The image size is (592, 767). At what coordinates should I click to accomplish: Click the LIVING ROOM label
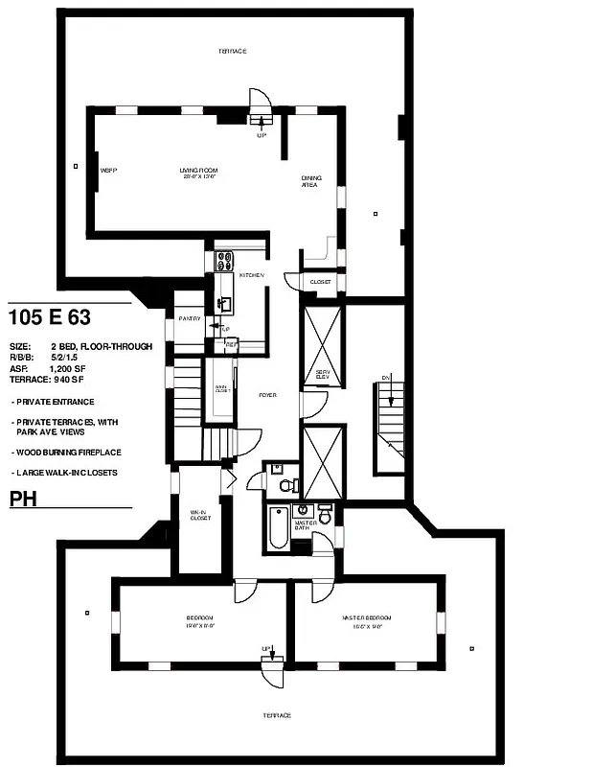(199, 170)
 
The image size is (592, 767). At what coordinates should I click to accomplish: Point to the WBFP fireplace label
(108, 170)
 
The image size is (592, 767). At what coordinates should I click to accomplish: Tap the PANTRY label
(189, 318)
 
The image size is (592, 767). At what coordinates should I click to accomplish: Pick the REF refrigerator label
(231, 343)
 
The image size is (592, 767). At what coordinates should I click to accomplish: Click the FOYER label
(267, 395)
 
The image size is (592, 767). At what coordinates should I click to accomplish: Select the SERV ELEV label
(323, 374)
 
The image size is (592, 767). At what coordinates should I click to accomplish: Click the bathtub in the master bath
(278, 527)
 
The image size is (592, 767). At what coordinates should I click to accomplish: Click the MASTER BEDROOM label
(366, 617)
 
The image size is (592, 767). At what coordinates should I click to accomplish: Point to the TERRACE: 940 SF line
(49, 380)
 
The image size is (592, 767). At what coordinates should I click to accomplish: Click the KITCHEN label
(251, 275)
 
